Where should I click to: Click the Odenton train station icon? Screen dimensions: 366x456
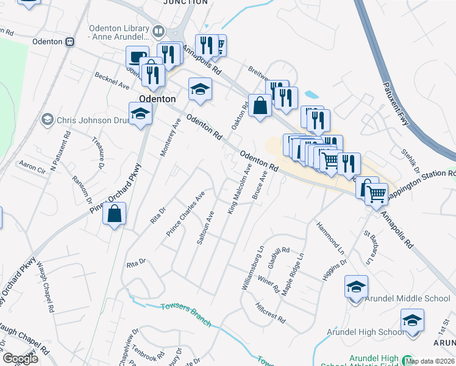coord(70,41)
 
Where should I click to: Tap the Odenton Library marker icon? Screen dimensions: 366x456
coord(159,30)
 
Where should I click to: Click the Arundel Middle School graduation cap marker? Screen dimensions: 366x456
coord(356,287)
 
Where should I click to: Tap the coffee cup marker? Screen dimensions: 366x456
coord(137,57)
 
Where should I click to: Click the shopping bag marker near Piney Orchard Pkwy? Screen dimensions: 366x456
coord(115,214)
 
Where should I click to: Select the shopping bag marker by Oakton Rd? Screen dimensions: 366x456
coord(260,106)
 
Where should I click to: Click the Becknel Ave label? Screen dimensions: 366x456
coord(112,79)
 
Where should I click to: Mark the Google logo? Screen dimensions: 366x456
coord(21,359)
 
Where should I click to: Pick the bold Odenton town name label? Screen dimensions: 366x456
coord(157,98)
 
